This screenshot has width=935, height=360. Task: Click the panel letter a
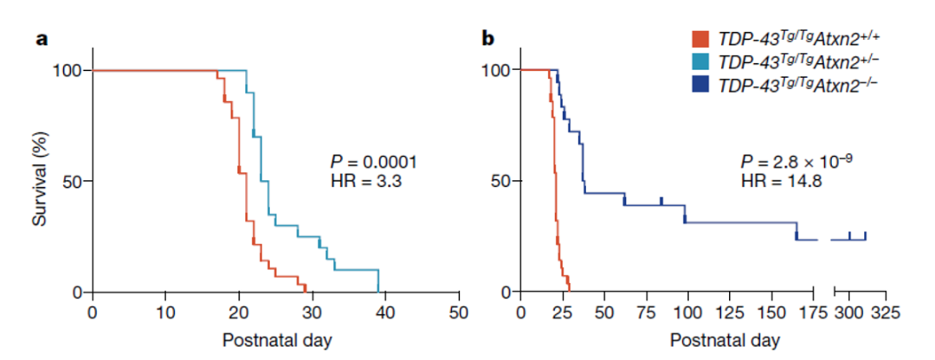coord(40,39)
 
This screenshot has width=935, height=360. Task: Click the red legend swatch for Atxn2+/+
coord(701,39)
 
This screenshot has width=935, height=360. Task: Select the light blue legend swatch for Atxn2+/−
coord(701,61)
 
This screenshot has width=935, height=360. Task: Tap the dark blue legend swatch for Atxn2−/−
coord(701,84)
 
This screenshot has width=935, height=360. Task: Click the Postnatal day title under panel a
coord(276,338)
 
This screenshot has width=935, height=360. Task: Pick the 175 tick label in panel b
coord(813,311)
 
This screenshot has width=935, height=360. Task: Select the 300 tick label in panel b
coord(849,311)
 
